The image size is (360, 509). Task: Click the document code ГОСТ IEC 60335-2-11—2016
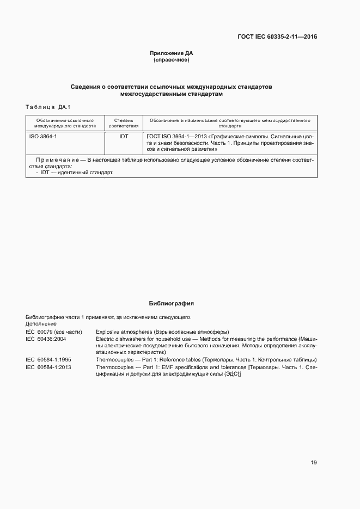277,37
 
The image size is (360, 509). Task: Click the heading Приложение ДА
172,53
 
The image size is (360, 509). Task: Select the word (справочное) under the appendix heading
172,60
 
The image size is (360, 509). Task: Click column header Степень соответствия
124,122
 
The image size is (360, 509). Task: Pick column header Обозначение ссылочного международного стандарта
65,122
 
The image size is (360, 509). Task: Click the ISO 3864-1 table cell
43,137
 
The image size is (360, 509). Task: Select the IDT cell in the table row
124,137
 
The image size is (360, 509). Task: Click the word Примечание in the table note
57,160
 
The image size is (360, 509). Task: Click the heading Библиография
172,303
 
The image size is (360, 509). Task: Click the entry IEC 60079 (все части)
53,332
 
